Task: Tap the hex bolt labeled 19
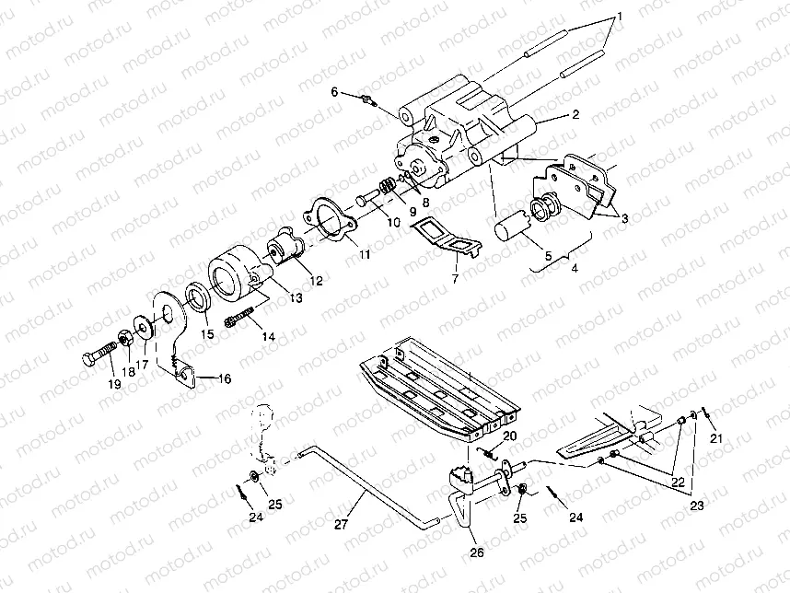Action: point(99,354)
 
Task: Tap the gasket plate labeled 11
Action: point(331,218)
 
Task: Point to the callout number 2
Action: point(575,115)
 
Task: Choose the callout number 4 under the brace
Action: point(575,269)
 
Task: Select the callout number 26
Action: point(476,553)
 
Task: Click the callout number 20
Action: point(509,436)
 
